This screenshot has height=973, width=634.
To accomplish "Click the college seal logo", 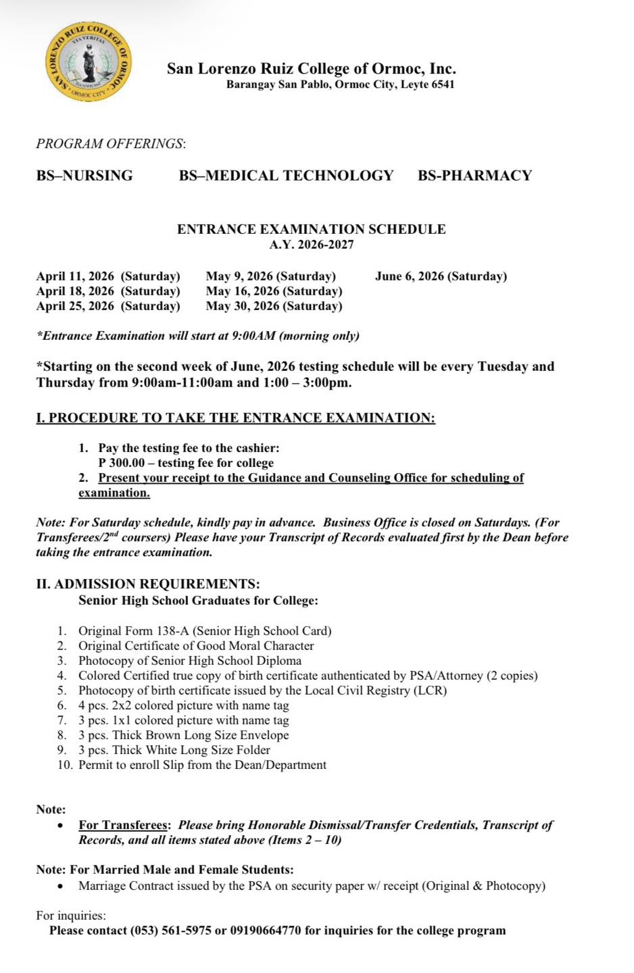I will (89, 64).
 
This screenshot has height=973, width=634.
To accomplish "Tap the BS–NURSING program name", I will (84, 176).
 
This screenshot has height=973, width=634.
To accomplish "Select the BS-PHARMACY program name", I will (474, 176).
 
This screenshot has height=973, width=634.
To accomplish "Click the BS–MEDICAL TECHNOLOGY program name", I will (286, 176).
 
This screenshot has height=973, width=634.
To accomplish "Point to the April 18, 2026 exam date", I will (108, 291).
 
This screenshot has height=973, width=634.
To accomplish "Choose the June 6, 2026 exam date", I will (441, 276).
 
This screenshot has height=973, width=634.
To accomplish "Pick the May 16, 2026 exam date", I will (274, 291).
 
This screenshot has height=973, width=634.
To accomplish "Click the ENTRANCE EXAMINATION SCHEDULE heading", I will (311, 229).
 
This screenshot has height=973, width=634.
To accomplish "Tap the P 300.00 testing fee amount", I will (122, 463).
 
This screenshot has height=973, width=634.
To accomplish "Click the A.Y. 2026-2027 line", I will (311, 245).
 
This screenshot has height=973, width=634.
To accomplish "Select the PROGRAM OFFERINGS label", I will (110, 144).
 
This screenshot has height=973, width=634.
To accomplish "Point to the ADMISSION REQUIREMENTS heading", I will (147, 584).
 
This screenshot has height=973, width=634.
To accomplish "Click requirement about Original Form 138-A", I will (204, 631).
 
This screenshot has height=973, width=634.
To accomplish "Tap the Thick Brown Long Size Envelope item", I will (183, 735).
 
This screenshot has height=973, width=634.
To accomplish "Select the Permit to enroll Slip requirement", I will (202, 765).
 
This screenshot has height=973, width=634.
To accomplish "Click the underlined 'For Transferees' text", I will (123, 825).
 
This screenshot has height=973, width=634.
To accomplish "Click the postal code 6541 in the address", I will (443, 85).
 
